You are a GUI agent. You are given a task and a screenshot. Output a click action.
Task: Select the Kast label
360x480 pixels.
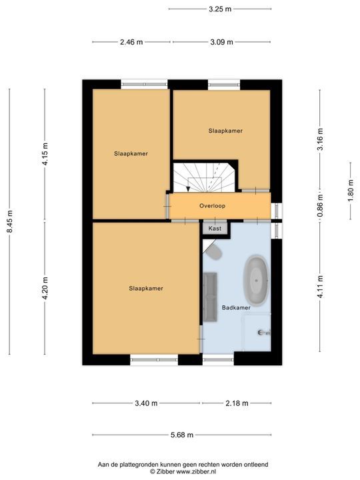click(215, 228)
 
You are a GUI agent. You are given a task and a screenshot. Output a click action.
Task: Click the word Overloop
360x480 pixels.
click(212, 206)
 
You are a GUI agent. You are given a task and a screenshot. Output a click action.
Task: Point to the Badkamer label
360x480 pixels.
click(236, 308)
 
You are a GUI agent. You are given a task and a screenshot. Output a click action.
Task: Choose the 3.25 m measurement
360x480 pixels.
click(219, 9)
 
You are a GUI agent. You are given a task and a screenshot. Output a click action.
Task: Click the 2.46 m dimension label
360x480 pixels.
click(131, 42)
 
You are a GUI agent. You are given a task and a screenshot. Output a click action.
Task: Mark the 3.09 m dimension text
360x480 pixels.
click(221, 42)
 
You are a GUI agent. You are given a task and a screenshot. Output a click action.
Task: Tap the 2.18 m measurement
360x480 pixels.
click(236, 403)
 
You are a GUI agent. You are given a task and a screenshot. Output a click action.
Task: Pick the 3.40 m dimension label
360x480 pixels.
click(146, 403)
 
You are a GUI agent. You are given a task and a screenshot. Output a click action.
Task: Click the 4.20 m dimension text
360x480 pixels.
click(45, 289)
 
